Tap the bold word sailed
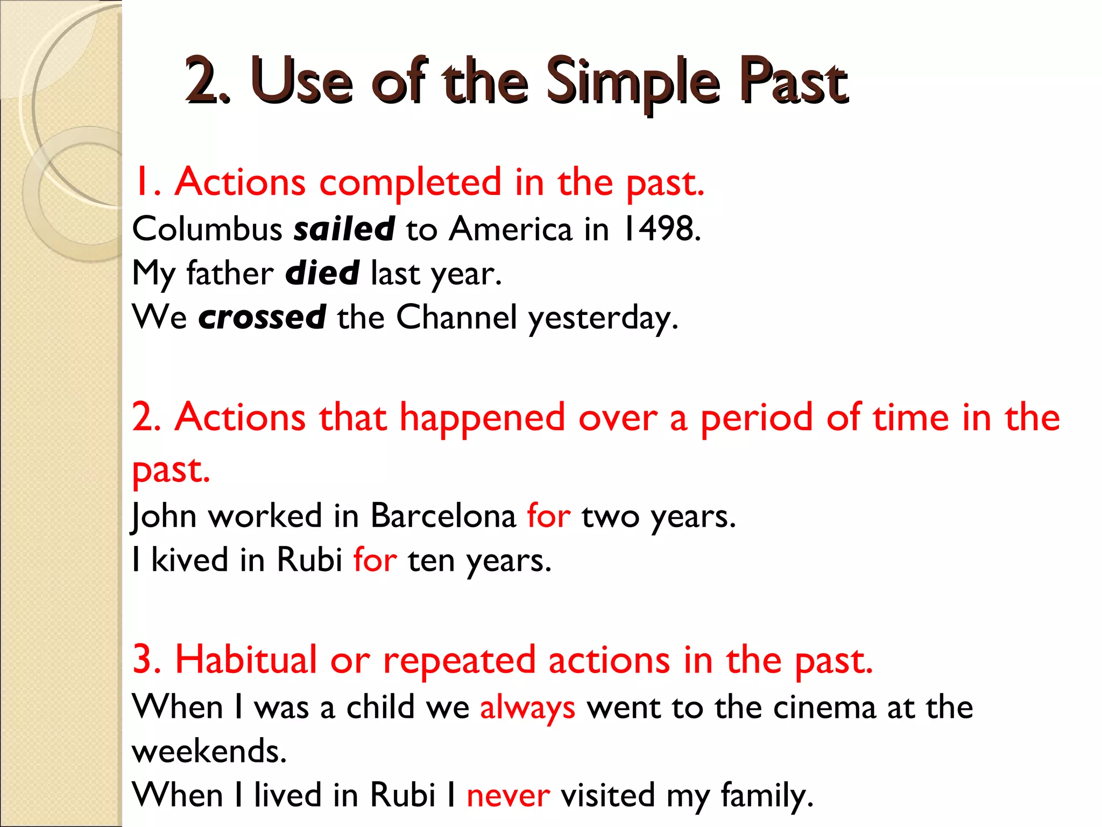(x=344, y=229)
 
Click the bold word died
(x=322, y=273)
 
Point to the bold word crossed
(x=262, y=317)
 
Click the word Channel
(x=456, y=317)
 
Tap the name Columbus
(x=207, y=229)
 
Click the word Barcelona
(x=443, y=516)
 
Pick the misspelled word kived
(x=189, y=560)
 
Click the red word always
(x=527, y=707)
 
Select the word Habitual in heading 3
(x=246, y=660)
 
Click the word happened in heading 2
(x=482, y=418)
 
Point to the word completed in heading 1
(x=410, y=182)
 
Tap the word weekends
(x=209, y=752)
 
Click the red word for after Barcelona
(x=548, y=516)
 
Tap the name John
(x=164, y=516)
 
